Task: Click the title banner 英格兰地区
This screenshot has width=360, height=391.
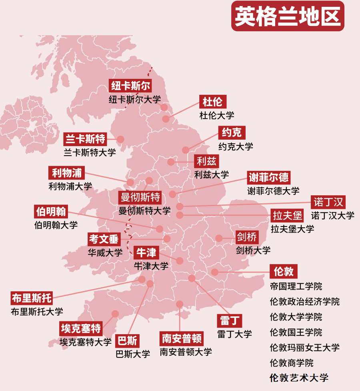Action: [x=288, y=16]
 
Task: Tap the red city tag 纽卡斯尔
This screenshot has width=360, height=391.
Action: [x=131, y=86]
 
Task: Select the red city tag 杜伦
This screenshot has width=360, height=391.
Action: [x=212, y=102]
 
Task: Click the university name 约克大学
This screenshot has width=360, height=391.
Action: [x=236, y=146]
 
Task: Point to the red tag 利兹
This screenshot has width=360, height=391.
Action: [x=206, y=161]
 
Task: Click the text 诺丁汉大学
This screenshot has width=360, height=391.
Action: [x=332, y=215]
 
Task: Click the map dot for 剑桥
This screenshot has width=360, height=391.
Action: [x=219, y=238]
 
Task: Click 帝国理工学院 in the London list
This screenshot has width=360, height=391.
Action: [x=296, y=286]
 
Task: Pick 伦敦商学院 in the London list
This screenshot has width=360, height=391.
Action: [x=292, y=363]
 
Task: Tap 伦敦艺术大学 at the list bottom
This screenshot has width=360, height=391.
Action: [x=299, y=377]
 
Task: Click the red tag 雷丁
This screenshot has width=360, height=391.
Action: [x=230, y=321]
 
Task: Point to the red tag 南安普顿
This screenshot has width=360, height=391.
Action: [x=181, y=338]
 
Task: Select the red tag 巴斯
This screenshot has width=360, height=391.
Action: [x=127, y=341]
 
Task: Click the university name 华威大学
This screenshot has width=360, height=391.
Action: [x=105, y=253]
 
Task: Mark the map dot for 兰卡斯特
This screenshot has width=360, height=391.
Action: [x=120, y=139]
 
